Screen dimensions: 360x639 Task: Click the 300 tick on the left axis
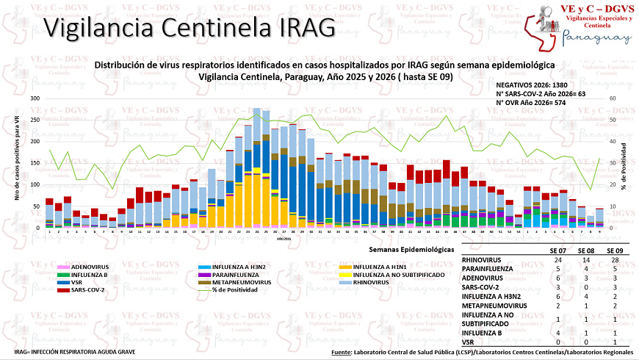35,98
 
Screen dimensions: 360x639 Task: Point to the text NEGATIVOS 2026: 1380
541,85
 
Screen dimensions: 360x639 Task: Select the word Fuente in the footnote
341,352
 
